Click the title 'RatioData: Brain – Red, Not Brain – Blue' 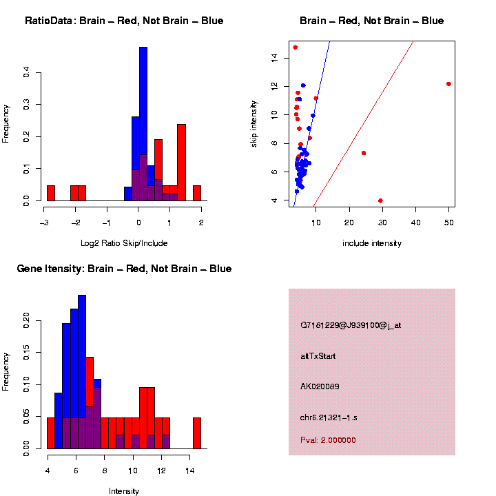tap(124, 21)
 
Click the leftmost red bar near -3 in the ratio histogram tap(51, 193)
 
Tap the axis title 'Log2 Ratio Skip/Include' tap(124, 243)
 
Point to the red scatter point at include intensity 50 tap(448, 84)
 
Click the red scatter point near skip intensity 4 tap(380, 200)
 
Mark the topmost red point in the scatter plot tap(295, 48)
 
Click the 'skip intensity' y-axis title tap(254, 123)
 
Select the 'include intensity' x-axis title tap(372, 243)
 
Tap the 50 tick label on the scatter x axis tap(448, 223)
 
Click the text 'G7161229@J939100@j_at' tap(351, 325)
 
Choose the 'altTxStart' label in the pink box tap(318, 356)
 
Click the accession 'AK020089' tap(320, 386)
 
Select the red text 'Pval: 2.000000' tap(328, 440)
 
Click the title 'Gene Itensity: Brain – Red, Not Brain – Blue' tap(124, 269)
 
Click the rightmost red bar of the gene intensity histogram tap(196, 433)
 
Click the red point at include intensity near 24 tap(364, 153)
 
